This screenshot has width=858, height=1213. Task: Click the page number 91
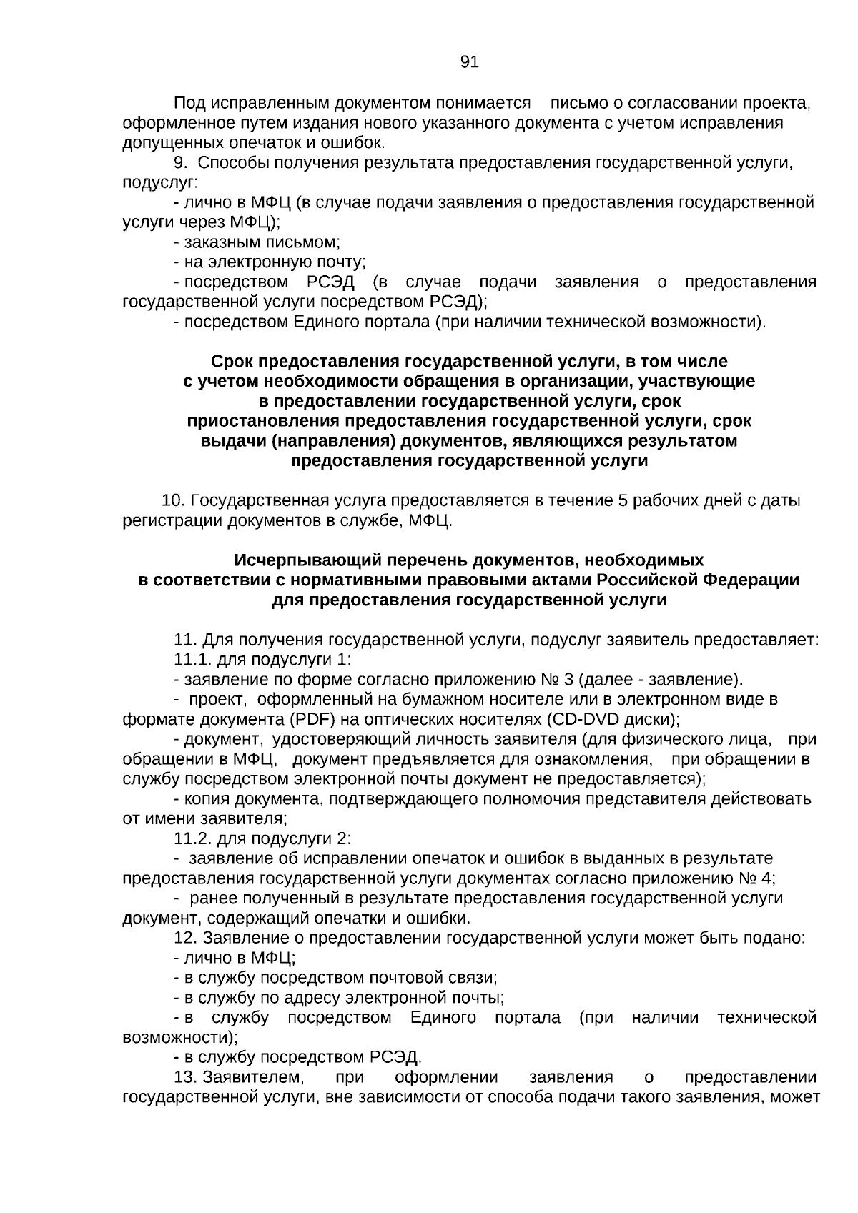click(x=469, y=62)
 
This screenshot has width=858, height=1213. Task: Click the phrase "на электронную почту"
click(x=273, y=262)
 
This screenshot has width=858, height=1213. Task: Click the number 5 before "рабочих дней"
click(x=623, y=500)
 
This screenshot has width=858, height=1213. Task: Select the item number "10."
click(x=174, y=500)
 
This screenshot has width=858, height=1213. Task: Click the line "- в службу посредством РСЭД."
click(x=298, y=1057)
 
